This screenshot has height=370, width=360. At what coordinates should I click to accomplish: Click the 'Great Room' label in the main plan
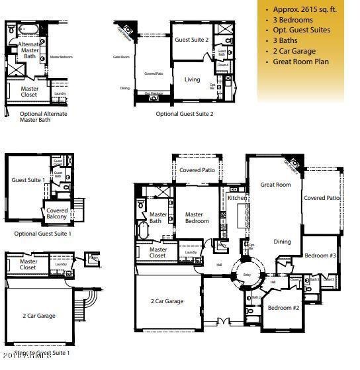click(x=275, y=185)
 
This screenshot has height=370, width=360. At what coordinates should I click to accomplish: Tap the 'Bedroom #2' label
click(x=283, y=308)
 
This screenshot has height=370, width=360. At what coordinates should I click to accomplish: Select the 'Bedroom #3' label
click(x=320, y=255)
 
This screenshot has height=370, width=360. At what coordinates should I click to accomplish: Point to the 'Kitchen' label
click(x=237, y=198)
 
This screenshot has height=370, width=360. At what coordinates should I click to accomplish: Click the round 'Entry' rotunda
click(x=247, y=274)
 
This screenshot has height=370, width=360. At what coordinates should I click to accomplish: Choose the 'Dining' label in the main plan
click(x=282, y=242)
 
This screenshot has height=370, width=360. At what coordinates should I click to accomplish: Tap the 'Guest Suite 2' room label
click(x=191, y=40)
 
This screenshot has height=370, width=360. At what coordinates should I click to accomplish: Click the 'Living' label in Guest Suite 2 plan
click(x=192, y=79)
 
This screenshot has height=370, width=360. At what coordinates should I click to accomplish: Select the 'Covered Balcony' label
click(x=58, y=213)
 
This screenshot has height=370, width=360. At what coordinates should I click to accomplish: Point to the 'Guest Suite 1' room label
click(x=28, y=180)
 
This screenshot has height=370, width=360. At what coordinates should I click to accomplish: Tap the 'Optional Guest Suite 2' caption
click(x=185, y=113)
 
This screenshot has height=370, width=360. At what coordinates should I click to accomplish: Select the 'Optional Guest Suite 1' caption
click(x=42, y=234)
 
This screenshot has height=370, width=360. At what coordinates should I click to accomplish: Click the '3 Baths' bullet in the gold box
click(x=287, y=41)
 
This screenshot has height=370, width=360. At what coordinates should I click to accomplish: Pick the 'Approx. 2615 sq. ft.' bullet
click(x=306, y=9)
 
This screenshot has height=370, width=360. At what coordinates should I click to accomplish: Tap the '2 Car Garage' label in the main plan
click(x=167, y=301)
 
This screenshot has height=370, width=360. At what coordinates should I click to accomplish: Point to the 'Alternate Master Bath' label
click(x=30, y=50)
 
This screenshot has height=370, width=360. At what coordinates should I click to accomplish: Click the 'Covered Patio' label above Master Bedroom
click(x=197, y=170)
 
